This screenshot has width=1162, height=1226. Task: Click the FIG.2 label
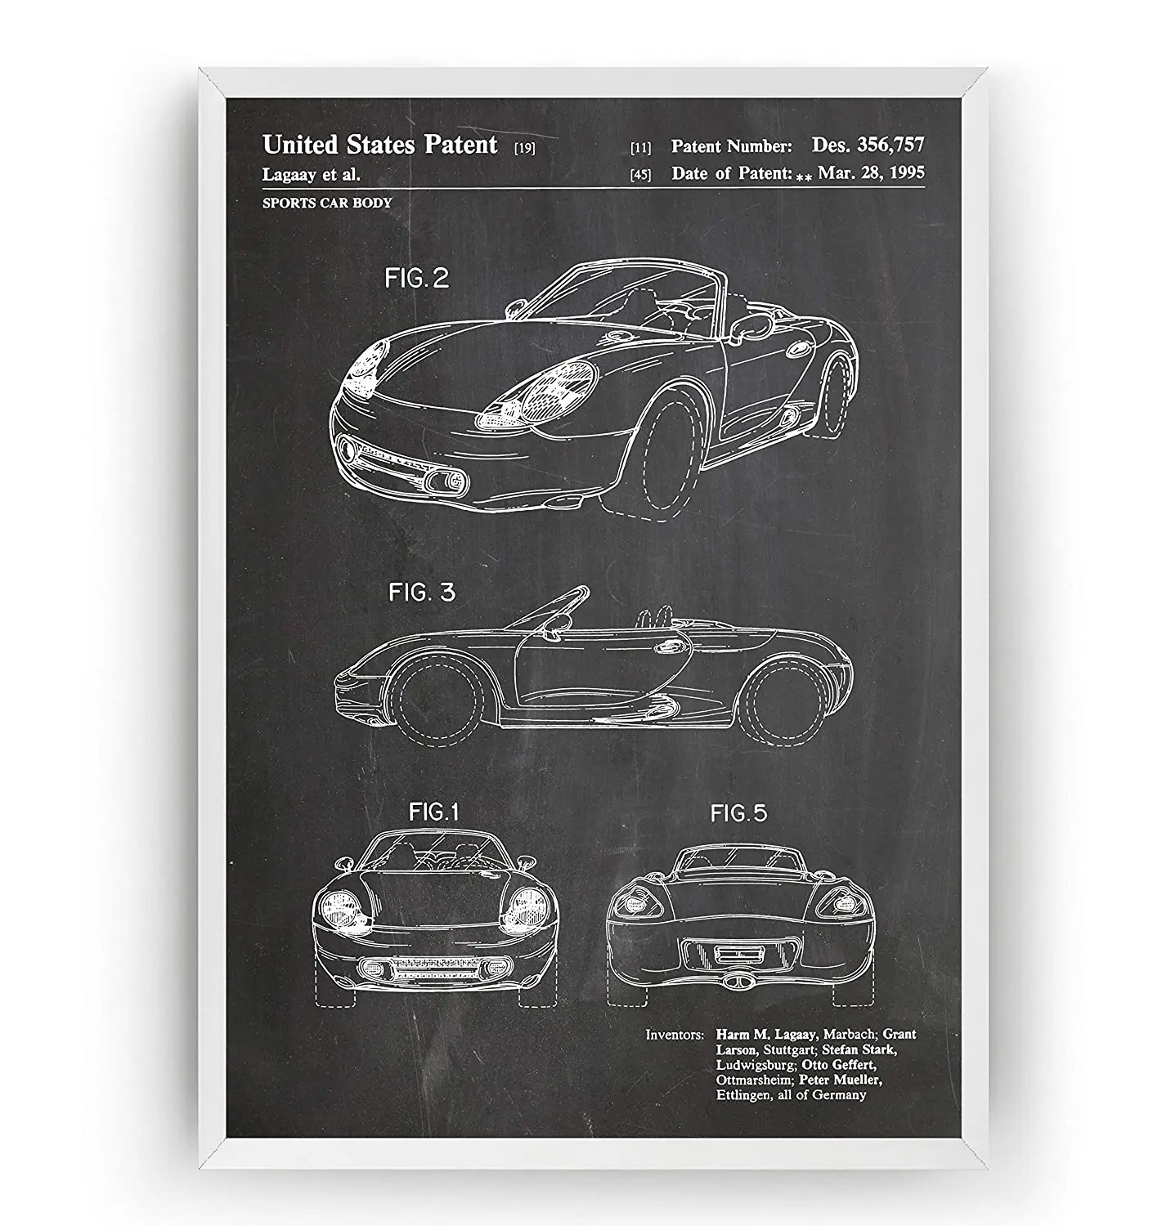[x=417, y=279]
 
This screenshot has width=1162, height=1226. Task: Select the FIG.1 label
[x=433, y=812]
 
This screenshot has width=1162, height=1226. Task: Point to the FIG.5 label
[x=738, y=813]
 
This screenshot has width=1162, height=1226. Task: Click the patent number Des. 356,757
[x=868, y=145]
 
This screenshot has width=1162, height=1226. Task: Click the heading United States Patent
[x=379, y=145]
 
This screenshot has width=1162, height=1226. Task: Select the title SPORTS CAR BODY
[x=327, y=203]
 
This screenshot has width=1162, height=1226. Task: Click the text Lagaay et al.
[x=312, y=174]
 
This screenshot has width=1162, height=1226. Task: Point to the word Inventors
[x=675, y=1035]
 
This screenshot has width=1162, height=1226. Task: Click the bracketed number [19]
[x=524, y=149]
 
